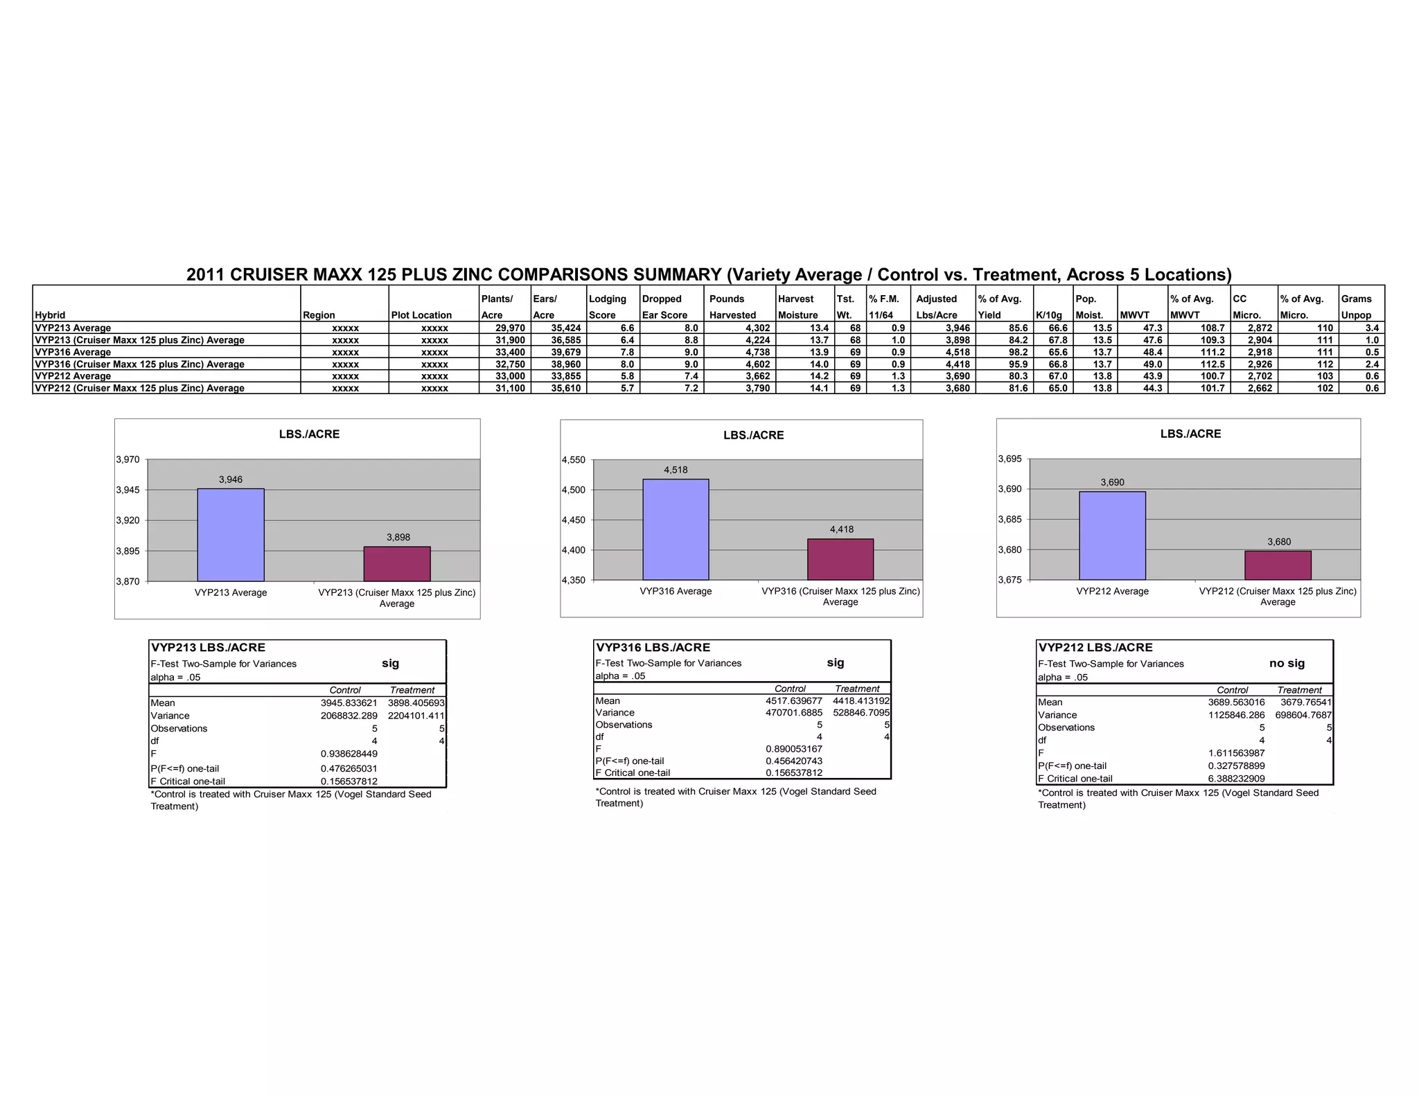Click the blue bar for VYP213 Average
click(x=231, y=535)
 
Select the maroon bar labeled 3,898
click(x=397, y=564)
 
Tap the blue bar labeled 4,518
click(x=676, y=529)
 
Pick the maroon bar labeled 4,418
click(x=840, y=559)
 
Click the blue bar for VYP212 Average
click(x=1112, y=536)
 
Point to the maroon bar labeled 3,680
click(x=1278, y=565)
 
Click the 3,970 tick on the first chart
click(x=127, y=459)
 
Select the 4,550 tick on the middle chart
click(x=573, y=460)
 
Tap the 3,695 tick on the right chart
click(x=1010, y=459)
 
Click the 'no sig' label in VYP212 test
click(x=1287, y=663)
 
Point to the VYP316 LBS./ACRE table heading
click(x=653, y=648)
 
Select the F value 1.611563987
click(x=1236, y=753)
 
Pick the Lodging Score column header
click(x=608, y=306)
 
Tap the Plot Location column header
click(x=421, y=315)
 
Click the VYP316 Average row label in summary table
click(x=73, y=352)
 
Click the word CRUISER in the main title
click(x=270, y=275)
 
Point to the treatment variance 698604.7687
click(x=1303, y=715)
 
